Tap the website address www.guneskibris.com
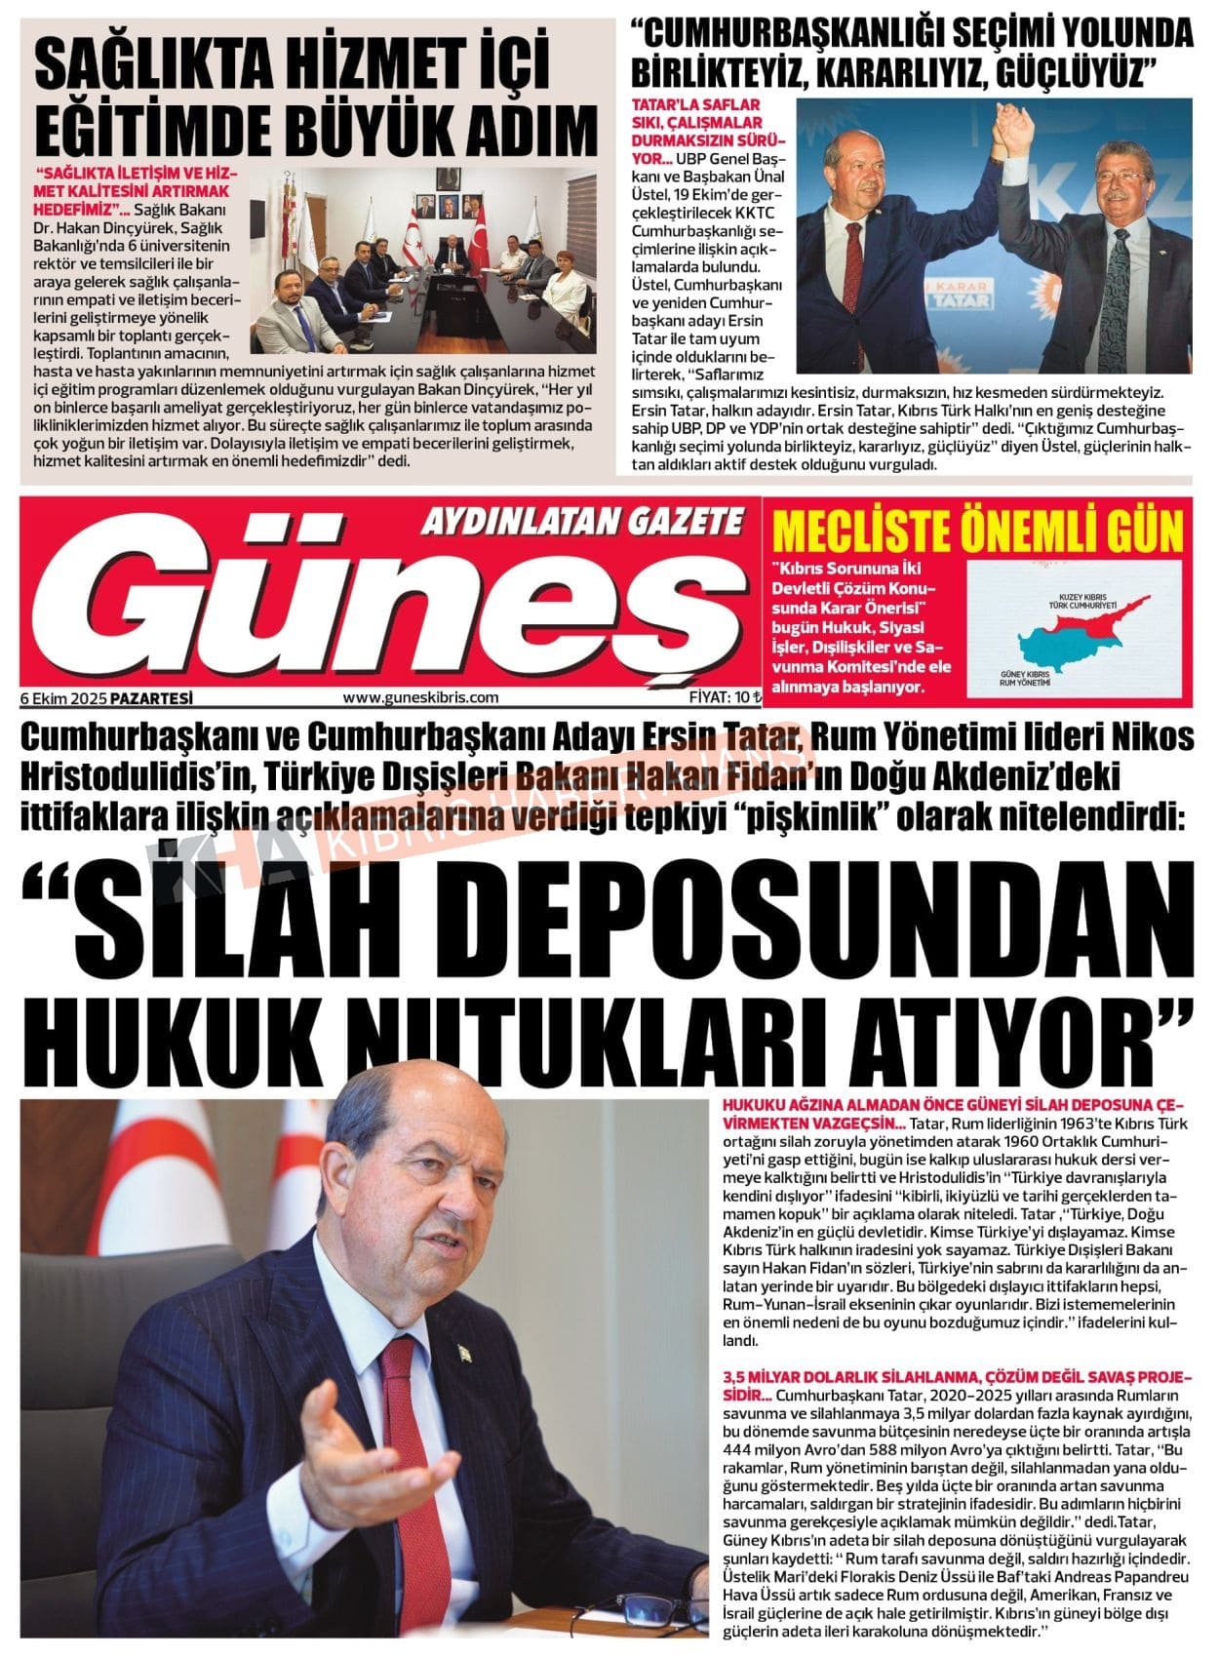(x=420, y=697)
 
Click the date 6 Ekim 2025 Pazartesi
(x=106, y=698)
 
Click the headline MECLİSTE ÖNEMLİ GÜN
(x=977, y=532)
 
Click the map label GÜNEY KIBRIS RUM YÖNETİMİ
(x=1025, y=679)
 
